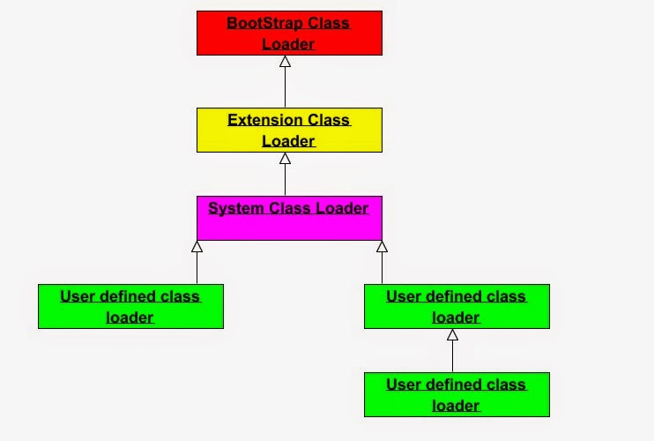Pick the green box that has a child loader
457,306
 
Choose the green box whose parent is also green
457,394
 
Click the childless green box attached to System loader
130,306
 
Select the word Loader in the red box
288,43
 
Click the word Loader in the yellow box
288,140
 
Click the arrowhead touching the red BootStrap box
285,62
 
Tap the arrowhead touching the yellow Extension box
285,159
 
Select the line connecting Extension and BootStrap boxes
285,88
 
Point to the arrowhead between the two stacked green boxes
452,335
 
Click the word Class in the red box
328,23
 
